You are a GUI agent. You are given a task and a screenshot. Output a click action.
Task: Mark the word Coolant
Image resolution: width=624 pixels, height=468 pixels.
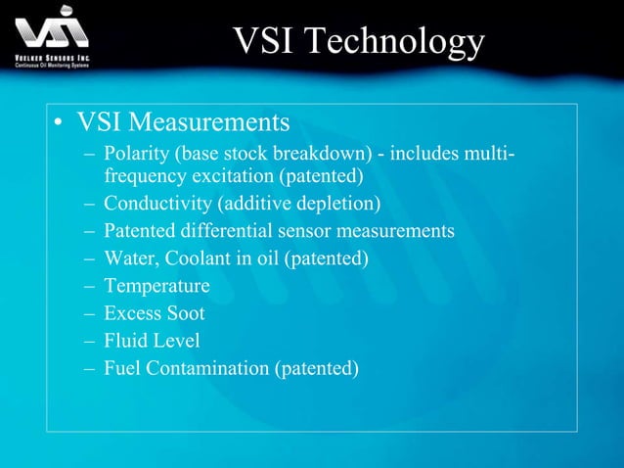coord(196,258)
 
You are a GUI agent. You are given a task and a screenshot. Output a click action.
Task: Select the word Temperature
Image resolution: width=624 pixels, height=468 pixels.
coord(156,286)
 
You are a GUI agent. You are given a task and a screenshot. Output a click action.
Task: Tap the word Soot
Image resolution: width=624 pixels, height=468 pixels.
coord(185,313)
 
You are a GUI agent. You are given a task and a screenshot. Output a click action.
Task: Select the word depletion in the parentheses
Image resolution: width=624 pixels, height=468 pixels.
coord(337,204)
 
